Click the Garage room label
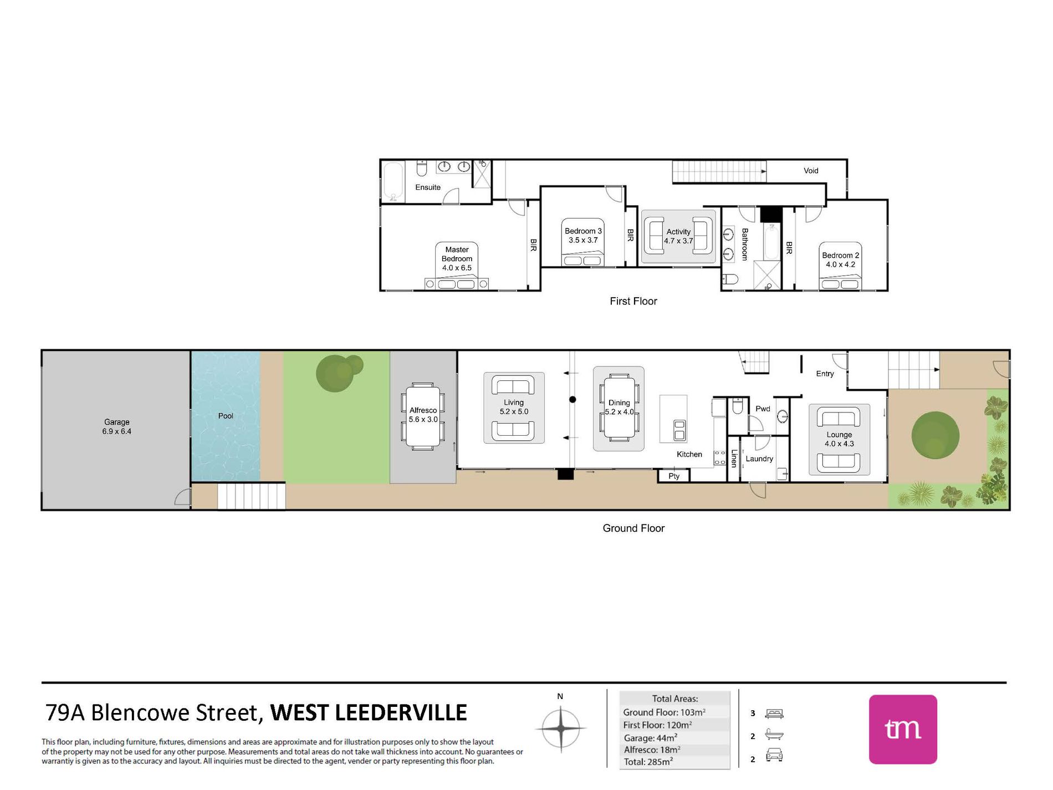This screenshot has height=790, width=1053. [116, 422]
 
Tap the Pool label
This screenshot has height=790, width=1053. [226, 416]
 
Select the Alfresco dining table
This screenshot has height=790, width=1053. [423, 416]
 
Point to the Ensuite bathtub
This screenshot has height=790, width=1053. [393, 181]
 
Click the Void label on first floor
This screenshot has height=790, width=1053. [811, 171]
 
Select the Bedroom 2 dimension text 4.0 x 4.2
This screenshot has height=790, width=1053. [840, 264]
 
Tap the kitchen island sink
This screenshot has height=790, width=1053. [679, 430]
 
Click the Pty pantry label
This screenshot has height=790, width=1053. [674, 476]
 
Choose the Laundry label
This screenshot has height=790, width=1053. [759, 459]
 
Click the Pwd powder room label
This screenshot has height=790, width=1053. [763, 409]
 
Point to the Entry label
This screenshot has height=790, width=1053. [825, 374]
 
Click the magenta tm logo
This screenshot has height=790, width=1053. [903, 729]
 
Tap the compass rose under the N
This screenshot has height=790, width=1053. [561, 727]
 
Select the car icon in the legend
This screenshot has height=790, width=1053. [774, 755]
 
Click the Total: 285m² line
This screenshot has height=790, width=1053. [648, 762]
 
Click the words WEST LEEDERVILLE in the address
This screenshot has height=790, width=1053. [369, 712]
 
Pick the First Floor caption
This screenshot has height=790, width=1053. [633, 301]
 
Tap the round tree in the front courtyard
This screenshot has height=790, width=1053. [935, 436]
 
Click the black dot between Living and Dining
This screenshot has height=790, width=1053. [572, 400]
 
